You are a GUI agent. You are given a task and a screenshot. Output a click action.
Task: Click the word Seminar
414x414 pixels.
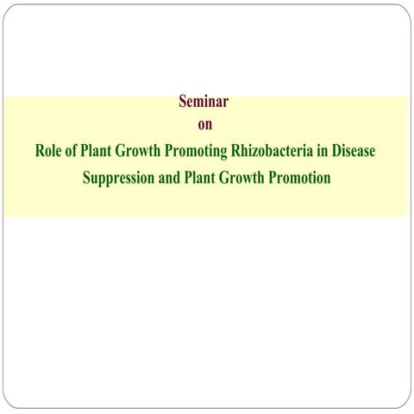204,101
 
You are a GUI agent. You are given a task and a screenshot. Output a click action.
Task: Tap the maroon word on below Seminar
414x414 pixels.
205,125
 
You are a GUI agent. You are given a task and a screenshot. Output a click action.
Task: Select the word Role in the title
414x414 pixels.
48,150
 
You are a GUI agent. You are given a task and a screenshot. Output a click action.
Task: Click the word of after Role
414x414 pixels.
71,150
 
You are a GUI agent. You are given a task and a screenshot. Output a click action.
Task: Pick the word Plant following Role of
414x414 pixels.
96,150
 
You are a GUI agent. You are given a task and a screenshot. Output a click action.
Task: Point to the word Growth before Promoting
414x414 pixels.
138,150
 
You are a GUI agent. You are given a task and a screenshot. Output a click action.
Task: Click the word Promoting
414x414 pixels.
196,152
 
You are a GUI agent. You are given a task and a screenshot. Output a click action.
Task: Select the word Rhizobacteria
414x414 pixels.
272,150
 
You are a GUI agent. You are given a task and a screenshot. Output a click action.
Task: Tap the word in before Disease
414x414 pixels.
323,150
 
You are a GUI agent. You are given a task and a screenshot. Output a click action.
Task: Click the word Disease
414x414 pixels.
354,150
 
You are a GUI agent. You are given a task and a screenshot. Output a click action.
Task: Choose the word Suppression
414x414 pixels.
118,179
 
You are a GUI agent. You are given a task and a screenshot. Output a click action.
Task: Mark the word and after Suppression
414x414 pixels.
169,178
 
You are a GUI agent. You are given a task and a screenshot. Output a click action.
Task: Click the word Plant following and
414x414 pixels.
199,178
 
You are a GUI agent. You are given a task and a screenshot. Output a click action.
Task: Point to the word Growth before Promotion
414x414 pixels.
241,178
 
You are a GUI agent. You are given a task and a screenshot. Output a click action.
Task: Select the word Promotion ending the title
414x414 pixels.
299,178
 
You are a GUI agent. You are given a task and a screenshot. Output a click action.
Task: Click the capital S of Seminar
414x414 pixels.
183,102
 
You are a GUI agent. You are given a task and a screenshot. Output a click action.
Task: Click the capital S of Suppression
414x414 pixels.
87,178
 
